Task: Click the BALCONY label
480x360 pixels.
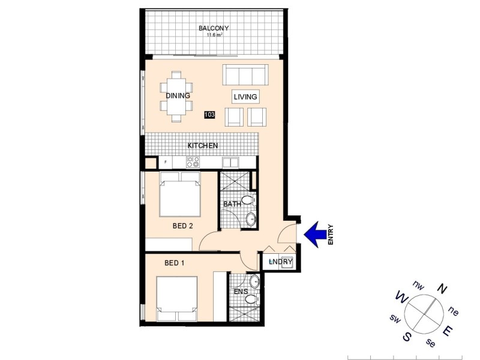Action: [x=214, y=28]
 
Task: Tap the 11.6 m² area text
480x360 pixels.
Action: [x=214, y=35]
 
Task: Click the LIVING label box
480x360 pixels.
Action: [x=245, y=97]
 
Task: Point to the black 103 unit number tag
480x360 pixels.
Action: [x=209, y=115]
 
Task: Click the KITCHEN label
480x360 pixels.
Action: [x=202, y=146]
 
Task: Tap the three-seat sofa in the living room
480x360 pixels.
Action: [x=245, y=75]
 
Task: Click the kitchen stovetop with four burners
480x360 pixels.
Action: [x=193, y=162]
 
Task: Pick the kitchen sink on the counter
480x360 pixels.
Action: [x=230, y=162]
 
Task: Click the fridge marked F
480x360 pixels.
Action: [x=165, y=162]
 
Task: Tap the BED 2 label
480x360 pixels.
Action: [x=182, y=226]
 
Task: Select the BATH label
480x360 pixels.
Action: [x=232, y=204]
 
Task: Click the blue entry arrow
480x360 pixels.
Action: [x=315, y=234]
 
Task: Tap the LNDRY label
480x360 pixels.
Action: [x=280, y=262]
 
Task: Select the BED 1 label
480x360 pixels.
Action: [x=175, y=263]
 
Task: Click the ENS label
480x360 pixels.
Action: [x=241, y=292]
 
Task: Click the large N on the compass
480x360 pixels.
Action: [x=443, y=289]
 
